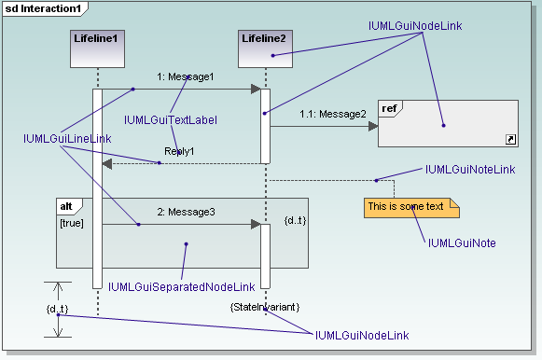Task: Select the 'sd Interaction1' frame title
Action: (44, 8)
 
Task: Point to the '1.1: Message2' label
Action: (332, 114)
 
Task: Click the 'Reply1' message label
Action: (179, 151)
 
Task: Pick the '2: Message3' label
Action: (186, 213)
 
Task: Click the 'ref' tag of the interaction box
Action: (390, 109)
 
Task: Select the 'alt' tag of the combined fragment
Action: (68, 205)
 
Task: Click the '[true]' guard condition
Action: (72, 223)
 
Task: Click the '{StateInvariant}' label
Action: (264, 305)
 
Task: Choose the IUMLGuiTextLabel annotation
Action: (170, 120)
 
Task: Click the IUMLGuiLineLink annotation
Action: (67, 139)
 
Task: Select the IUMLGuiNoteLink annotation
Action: (469, 170)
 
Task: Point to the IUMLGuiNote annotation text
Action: (461, 243)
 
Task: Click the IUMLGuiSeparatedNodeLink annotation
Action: (181, 287)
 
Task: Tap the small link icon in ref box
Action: (509, 139)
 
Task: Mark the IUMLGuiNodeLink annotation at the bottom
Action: (361, 335)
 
